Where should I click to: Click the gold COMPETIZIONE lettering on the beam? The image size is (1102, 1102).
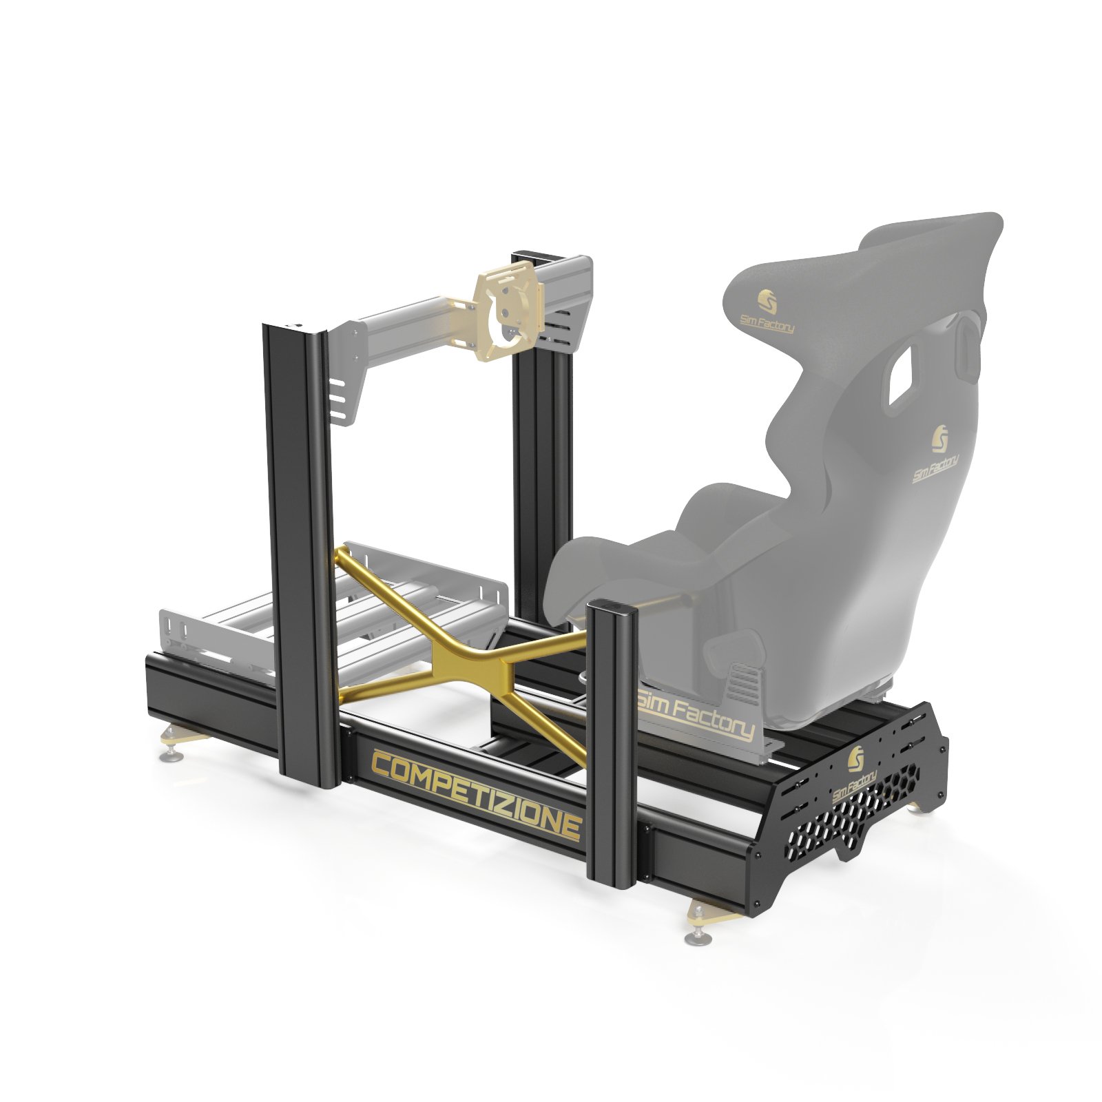tap(476, 796)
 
